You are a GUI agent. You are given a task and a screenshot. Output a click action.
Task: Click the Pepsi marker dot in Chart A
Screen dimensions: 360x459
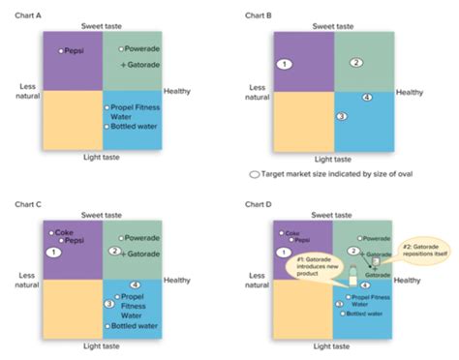click(61, 50)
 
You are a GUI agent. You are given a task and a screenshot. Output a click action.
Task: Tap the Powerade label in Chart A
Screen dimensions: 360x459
click(140, 47)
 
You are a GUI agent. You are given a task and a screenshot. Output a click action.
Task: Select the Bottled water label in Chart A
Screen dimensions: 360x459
click(130, 127)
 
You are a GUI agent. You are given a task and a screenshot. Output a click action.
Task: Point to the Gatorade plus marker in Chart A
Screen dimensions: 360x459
click(123, 64)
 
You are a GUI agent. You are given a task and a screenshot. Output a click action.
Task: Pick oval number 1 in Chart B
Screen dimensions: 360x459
click(284, 64)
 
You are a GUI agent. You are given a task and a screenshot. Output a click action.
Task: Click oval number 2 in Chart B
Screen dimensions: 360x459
click(355, 63)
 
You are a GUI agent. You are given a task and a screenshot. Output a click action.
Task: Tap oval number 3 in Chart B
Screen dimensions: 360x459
click(341, 116)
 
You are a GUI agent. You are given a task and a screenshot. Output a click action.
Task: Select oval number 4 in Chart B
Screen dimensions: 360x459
click(365, 98)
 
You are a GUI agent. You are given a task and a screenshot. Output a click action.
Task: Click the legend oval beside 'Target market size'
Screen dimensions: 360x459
click(254, 176)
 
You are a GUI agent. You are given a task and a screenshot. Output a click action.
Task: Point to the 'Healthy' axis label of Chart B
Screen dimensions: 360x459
click(409, 93)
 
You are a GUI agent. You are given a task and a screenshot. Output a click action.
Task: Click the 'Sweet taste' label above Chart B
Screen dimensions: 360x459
click(335, 26)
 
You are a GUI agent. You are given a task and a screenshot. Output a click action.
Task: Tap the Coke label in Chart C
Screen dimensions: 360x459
click(65, 232)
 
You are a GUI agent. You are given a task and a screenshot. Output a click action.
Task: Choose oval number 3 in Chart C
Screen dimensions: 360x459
click(109, 304)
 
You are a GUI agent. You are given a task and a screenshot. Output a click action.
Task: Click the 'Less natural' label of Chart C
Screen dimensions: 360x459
click(27, 281)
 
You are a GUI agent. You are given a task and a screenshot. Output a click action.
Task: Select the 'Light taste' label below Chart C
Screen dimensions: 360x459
click(101, 345)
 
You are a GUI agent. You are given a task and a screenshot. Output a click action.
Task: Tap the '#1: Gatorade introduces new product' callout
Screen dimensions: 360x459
click(318, 269)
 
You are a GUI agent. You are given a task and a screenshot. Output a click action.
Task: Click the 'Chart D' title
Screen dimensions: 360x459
click(256, 204)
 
